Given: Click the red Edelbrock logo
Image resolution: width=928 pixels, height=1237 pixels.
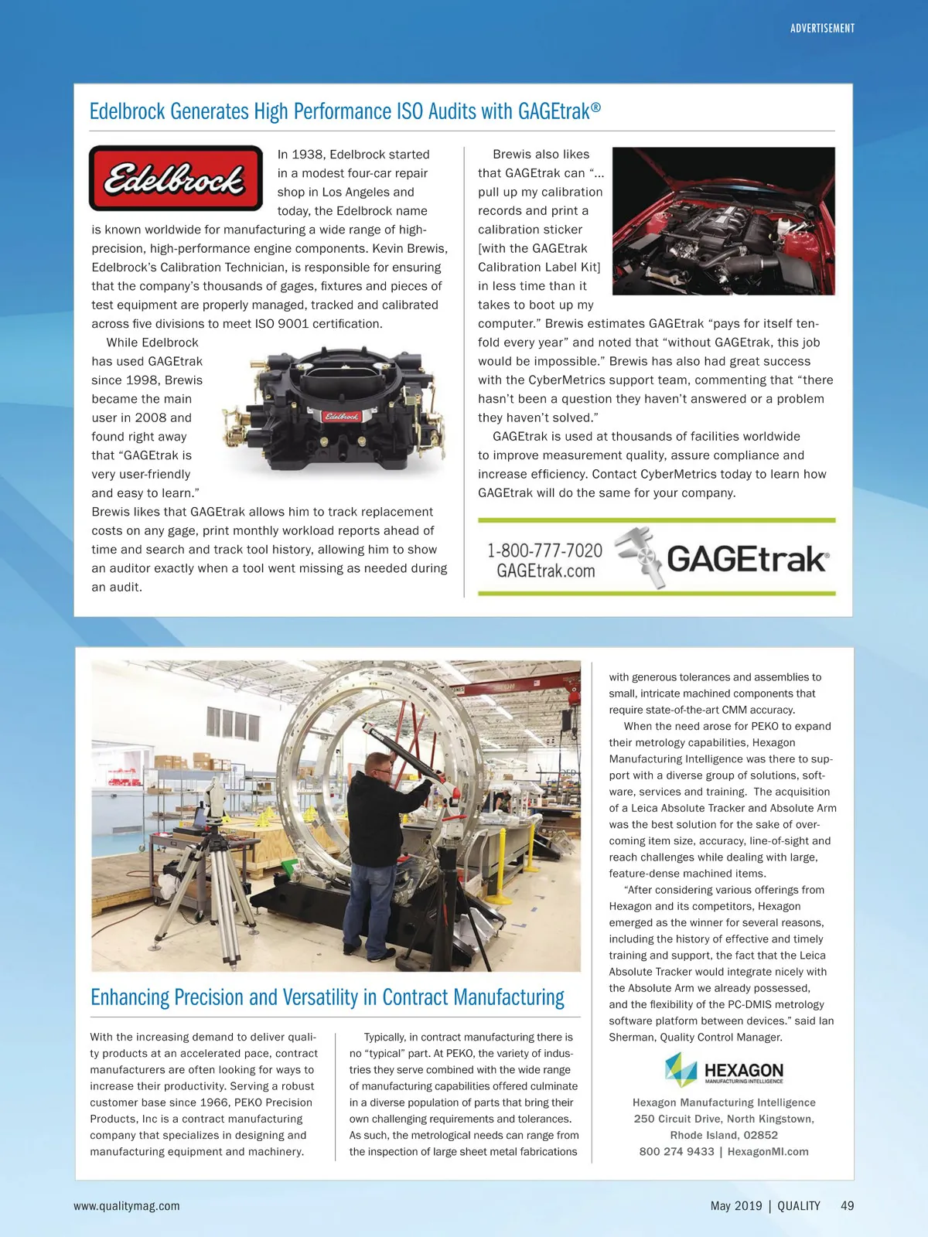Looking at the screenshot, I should pos(176,178).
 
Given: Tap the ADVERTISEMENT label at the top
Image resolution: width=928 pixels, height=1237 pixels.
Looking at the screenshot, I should pos(822,29).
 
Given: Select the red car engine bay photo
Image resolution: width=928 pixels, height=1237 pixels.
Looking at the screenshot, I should pos(723,221).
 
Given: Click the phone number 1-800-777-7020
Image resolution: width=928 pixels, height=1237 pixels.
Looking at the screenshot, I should pos(544,550).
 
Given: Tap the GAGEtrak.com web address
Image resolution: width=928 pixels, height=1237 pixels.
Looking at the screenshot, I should pos(545,571).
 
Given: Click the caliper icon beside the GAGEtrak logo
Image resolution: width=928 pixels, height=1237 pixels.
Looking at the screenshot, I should pos(639,557).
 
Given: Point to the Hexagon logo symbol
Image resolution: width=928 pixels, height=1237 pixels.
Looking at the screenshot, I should pos(681,1069).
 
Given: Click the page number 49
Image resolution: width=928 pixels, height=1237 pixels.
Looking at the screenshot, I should pos(848,1206).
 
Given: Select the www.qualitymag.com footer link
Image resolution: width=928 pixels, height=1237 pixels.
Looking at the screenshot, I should pos(127,1206).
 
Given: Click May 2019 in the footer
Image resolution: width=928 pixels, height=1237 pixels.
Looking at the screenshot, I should pos(735,1206).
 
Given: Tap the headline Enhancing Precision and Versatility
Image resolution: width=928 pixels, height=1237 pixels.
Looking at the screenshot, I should pos(327,997).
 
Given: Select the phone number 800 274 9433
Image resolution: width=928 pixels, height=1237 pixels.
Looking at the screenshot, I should pos(677,1152).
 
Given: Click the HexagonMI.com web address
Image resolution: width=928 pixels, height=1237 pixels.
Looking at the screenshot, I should pos(768,1152).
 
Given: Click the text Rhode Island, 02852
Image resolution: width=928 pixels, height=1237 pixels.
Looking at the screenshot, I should pos(724,1135).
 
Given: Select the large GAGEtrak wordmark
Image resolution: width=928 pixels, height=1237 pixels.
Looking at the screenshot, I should pos(747,559).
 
